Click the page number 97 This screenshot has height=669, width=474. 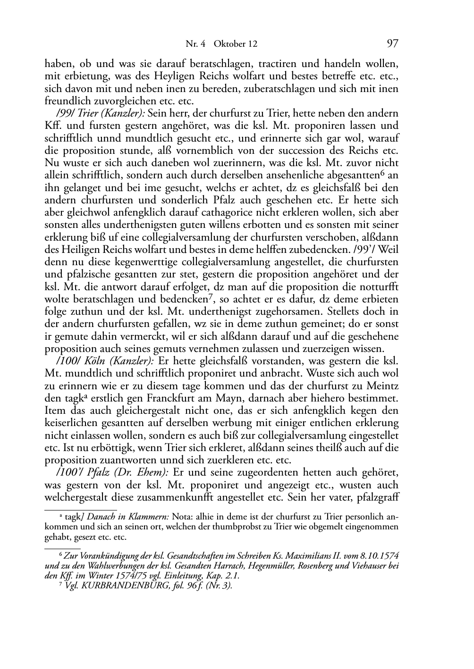392,44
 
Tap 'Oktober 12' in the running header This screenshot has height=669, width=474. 236,44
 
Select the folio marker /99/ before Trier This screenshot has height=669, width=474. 65,114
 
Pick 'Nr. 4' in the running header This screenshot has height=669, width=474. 195,44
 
